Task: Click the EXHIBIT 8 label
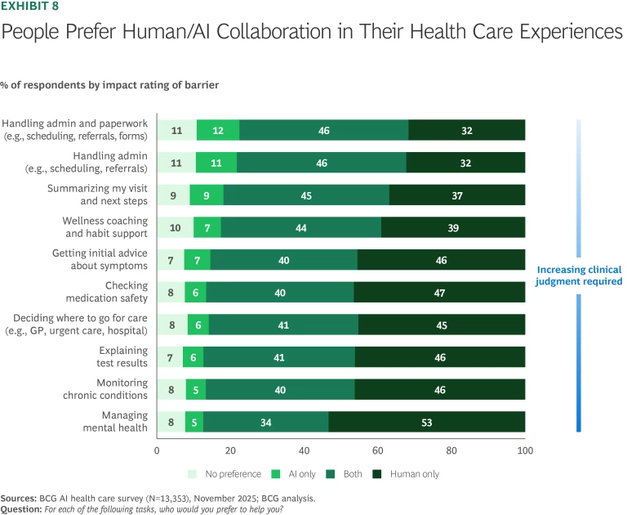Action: coord(35,8)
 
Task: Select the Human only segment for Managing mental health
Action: coord(427,423)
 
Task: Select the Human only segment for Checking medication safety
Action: coord(439,292)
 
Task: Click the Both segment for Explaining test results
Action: coord(279,357)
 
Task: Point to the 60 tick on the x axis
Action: coord(378,450)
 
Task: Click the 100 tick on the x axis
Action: coord(525,450)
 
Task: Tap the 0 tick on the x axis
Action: coord(157,450)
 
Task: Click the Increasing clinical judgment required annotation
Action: coord(579,275)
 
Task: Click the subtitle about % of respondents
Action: coord(109,85)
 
